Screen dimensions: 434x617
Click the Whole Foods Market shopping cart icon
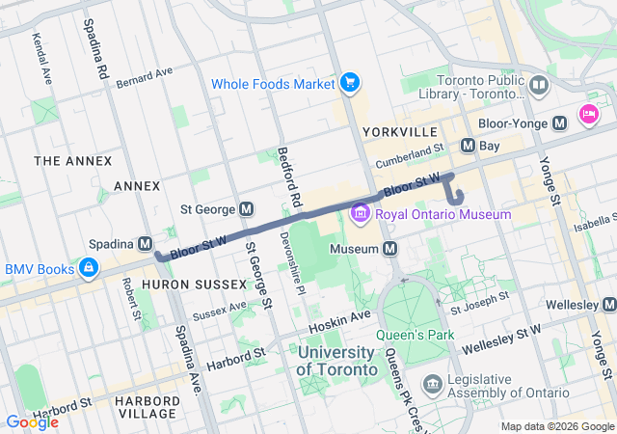[349, 84]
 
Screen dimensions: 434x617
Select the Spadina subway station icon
[146, 243]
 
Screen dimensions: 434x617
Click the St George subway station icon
[247, 208]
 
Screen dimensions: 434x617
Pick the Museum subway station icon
[390, 249]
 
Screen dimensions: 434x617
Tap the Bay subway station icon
[468, 146]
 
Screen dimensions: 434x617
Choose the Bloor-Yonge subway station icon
[560, 123]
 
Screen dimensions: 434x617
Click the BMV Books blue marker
[88, 268]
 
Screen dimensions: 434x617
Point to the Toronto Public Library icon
[539, 86]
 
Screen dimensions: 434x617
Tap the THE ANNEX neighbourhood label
[72, 160]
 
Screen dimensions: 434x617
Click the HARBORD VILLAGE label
[146, 406]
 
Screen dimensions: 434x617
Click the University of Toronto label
[336, 361]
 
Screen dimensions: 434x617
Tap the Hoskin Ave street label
[346, 316]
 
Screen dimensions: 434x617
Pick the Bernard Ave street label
[144, 76]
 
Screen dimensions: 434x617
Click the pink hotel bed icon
[588, 116]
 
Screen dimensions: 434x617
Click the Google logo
[32, 421]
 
